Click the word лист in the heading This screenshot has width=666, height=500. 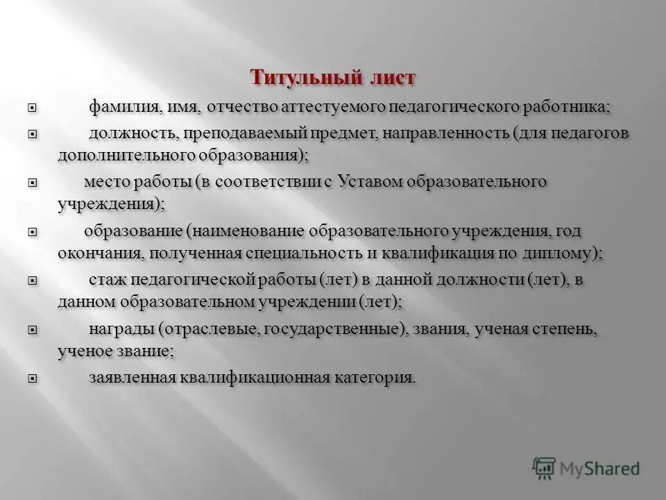coord(392,77)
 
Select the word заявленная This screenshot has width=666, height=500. coord(133,377)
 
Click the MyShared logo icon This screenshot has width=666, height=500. coord(545,467)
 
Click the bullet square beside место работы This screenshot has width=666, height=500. coord(32,183)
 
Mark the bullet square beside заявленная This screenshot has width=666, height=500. coord(32,378)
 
